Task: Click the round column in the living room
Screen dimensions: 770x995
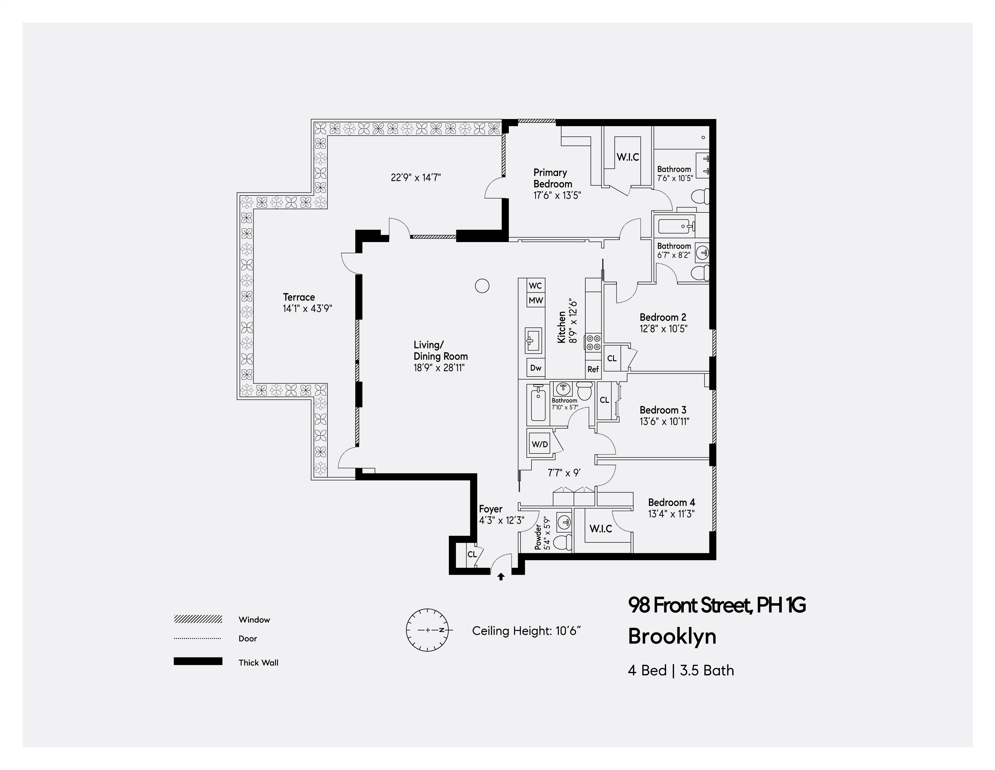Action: click(482, 286)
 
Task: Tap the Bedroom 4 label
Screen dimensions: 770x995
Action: click(672, 502)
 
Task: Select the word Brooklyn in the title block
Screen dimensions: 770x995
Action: click(672, 637)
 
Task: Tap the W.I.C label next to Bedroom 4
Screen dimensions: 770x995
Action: click(600, 529)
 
